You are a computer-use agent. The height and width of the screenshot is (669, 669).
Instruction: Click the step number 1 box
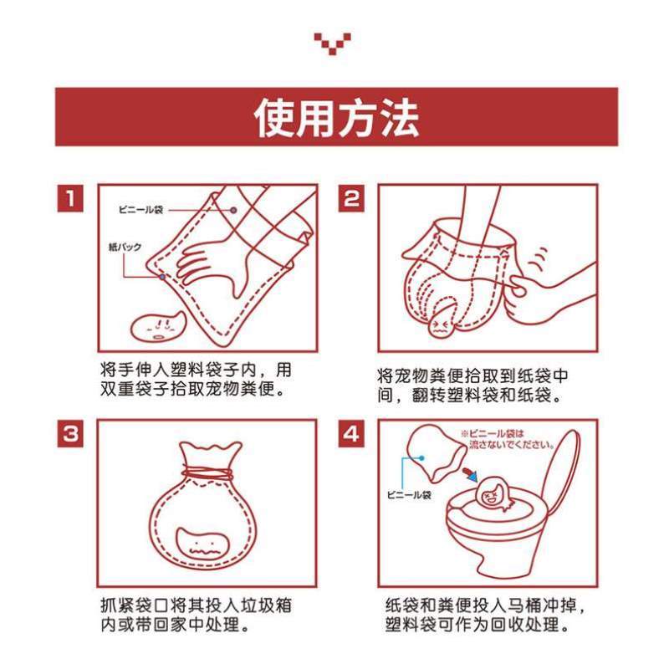(x=70, y=199)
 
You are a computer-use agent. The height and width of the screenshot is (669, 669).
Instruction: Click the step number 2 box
(x=351, y=199)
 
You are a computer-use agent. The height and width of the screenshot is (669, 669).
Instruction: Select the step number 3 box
(x=70, y=434)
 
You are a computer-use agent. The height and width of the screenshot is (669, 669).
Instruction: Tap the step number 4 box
(x=351, y=434)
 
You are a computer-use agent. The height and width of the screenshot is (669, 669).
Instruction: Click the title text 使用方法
(x=336, y=118)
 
